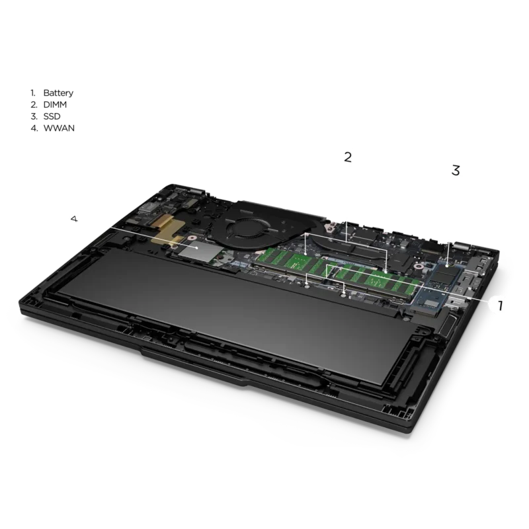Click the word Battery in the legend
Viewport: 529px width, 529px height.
pyautogui.click(x=58, y=93)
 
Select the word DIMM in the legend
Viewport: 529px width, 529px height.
pyautogui.click(x=55, y=104)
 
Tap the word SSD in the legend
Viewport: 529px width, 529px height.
pyautogui.click(x=52, y=116)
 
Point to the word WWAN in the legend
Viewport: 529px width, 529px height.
pyautogui.click(x=59, y=128)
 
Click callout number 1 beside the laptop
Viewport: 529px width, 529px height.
pyautogui.click(x=501, y=305)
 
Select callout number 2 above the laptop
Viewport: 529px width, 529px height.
pyautogui.click(x=348, y=157)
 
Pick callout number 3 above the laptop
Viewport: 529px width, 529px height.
pyautogui.click(x=456, y=171)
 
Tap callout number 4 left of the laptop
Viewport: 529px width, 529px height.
pyautogui.click(x=74, y=219)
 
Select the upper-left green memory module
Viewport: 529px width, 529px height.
pyautogui.click(x=290, y=260)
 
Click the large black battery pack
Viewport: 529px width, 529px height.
pyautogui.click(x=233, y=313)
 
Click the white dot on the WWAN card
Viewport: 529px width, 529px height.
pyautogui.click(x=196, y=247)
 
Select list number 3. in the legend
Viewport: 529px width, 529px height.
pyautogui.click(x=34, y=116)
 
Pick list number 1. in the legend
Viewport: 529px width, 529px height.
pyautogui.click(x=32, y=93)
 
